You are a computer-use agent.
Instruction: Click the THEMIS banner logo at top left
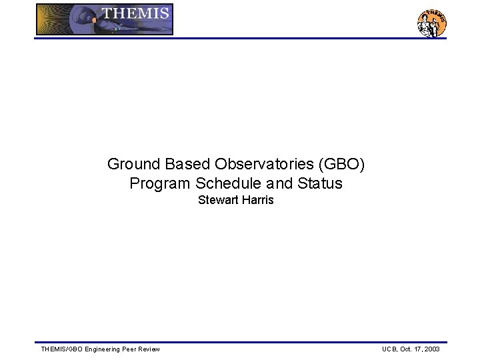[x=105, y=19]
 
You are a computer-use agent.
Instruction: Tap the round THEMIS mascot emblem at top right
[x=431, y=23]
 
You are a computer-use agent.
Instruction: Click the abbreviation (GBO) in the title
[x=341, y=164]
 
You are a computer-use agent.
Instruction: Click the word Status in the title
[x=320, y=183]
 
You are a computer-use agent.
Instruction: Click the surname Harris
[x=257, y=201]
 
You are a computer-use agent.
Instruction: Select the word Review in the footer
[x=151, y=349]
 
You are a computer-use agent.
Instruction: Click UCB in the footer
[x=389, y=349]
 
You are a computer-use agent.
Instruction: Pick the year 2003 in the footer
[x=431, y=349]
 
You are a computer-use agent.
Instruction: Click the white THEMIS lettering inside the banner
[x=135, y=13]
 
